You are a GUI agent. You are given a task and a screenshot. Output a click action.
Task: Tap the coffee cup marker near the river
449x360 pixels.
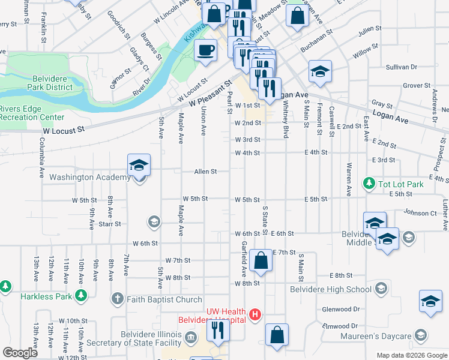click(205, 50)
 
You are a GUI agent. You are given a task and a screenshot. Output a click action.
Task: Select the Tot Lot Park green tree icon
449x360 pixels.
click(369, 183)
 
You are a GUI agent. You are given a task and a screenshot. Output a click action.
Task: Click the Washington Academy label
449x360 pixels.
click(89, 178)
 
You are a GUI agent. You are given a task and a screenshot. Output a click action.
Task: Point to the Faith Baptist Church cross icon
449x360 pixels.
click(117, 299)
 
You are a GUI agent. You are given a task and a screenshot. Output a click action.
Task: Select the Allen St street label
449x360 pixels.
click(205, 172)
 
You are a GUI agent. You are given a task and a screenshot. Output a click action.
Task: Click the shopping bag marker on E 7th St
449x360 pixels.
click(261, 260)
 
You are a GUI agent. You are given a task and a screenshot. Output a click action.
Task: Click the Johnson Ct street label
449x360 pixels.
click(420, 212)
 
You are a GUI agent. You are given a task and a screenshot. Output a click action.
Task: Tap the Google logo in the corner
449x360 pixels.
click(20, 353)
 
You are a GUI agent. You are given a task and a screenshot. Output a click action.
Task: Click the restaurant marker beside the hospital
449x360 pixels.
click(217, 330)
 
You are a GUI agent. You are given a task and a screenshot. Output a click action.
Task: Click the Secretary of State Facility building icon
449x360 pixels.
click(191, 336)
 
